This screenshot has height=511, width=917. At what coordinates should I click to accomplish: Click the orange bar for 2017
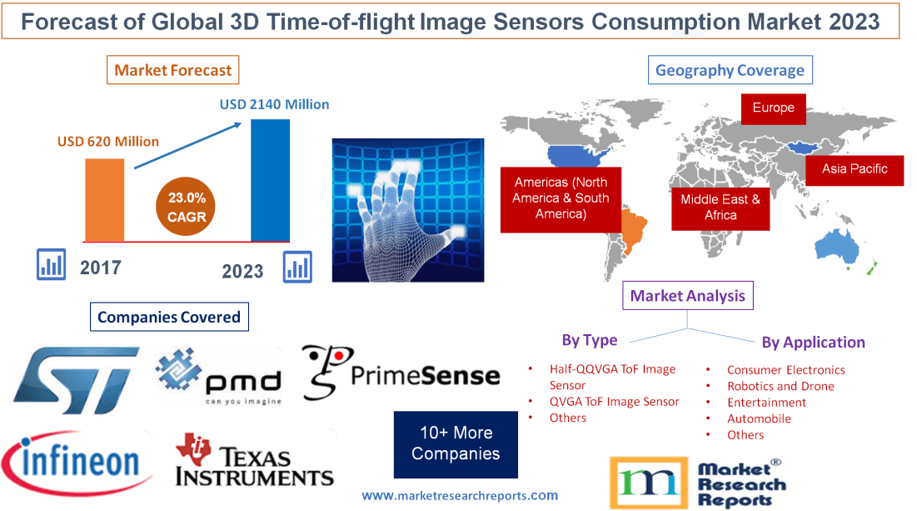tap(104, 199)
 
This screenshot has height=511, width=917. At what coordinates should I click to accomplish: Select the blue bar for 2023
tap(270, 180)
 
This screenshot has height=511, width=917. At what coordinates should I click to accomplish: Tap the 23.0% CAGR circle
tap(184, 208)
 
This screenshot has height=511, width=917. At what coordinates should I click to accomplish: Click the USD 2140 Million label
tap(274, 105)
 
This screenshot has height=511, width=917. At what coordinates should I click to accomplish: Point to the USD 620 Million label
tap(108, 142)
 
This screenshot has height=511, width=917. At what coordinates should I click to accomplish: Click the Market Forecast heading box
tap(173, 70)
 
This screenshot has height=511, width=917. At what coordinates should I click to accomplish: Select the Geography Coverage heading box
tap(730, 70)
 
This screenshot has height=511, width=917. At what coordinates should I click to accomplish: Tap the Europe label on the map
tap(773, 108)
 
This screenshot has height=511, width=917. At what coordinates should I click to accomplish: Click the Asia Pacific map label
tap(855, 169)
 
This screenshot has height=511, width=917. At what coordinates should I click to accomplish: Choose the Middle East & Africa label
tap(720, 208)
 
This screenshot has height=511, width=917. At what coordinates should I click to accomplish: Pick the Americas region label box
tap(561, 198)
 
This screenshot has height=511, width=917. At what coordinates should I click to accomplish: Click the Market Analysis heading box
tap(687, 296)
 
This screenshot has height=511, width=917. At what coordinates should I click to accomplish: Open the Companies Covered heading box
tap(169, 317)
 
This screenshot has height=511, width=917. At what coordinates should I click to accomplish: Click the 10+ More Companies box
tap(456, 443)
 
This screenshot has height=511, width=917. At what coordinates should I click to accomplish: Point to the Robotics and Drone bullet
tap(780, 386)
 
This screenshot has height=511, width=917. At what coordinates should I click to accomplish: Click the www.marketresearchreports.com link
tap(460, 495)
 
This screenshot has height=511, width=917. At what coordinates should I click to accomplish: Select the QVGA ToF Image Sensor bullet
tap(614, 402)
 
